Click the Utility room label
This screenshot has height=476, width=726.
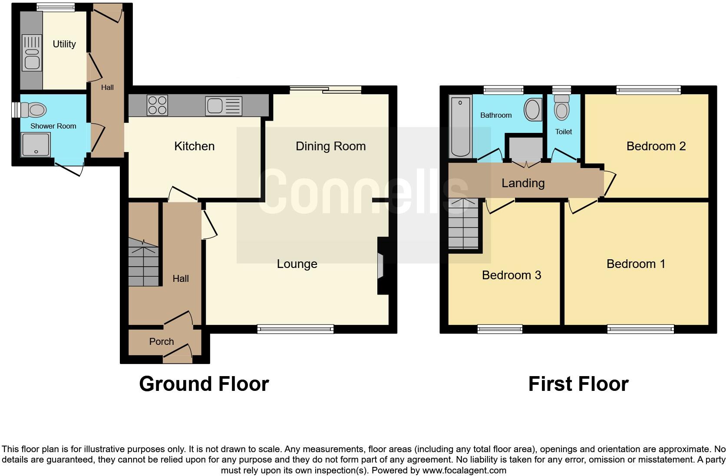64,44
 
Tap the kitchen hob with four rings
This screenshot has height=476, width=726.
157,105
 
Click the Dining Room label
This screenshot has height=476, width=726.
330,146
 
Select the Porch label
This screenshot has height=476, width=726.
161,342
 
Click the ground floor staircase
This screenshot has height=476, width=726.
143,263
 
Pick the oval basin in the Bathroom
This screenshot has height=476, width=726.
533,109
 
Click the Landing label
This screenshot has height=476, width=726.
523,183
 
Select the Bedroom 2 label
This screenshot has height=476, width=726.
656,146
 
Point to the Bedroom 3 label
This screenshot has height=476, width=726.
511,275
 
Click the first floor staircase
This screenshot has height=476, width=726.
463,224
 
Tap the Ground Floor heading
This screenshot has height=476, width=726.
204,384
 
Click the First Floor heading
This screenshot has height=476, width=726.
578,384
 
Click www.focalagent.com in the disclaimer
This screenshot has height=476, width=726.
464,470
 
